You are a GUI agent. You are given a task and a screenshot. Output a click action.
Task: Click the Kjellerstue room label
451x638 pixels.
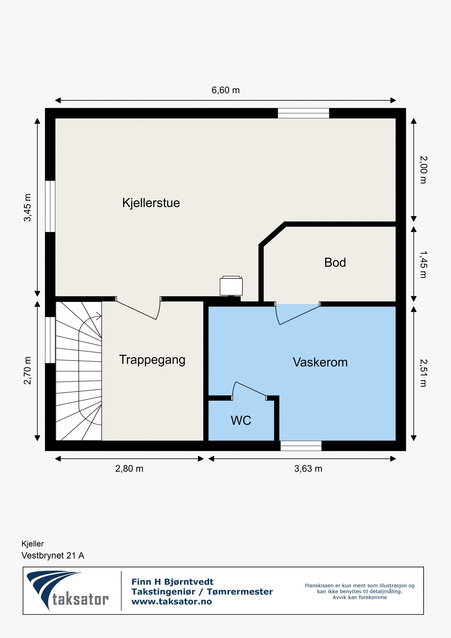(x=151, y=203)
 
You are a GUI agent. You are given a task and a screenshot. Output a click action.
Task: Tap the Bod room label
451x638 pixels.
(x=335, y=262)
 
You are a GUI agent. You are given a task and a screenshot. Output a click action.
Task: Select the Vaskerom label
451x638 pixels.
(x=320, y=362)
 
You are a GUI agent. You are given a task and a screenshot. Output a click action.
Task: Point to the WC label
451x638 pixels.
(x=241, y=420)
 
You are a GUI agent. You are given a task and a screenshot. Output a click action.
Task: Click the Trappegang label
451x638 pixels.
(x=152, y=360)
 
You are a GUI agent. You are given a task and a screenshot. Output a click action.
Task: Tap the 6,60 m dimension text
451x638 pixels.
(x=225, y=90)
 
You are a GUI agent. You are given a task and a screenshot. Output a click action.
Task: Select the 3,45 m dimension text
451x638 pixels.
(x=27, y=208)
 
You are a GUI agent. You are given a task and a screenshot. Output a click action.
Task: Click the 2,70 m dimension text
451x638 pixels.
(x=27, y=370)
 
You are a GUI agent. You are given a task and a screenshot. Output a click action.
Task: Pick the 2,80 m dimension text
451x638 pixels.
(x=129, y=469)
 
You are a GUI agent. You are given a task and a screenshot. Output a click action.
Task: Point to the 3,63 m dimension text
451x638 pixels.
(x=308, y=469)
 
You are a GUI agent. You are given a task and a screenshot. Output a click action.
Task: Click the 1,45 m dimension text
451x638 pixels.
(x=423, y=264)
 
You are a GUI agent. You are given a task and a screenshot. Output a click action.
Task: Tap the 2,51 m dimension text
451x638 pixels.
(x=423, y=373)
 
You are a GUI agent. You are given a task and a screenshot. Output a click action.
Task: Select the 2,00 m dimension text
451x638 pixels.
(x=423, y=170)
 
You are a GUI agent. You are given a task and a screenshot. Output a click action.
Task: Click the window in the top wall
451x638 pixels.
(x=303, y=113)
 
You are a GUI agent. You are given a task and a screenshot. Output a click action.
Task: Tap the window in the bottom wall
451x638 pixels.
(x=301, y=446)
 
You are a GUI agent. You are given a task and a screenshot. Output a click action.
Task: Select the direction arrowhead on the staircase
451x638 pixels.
(x=99, y=316)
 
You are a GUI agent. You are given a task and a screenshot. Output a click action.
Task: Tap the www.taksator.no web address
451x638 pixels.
(x=172, y=601)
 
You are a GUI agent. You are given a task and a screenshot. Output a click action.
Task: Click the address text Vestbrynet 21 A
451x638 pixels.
(x=53, y=555)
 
